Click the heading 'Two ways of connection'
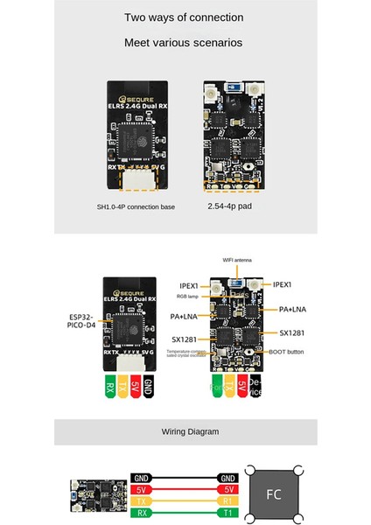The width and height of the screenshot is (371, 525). pos(185,17)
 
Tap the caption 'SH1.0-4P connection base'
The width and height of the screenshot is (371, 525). pos(136,207)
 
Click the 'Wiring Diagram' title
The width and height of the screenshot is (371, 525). pos(185,432)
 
